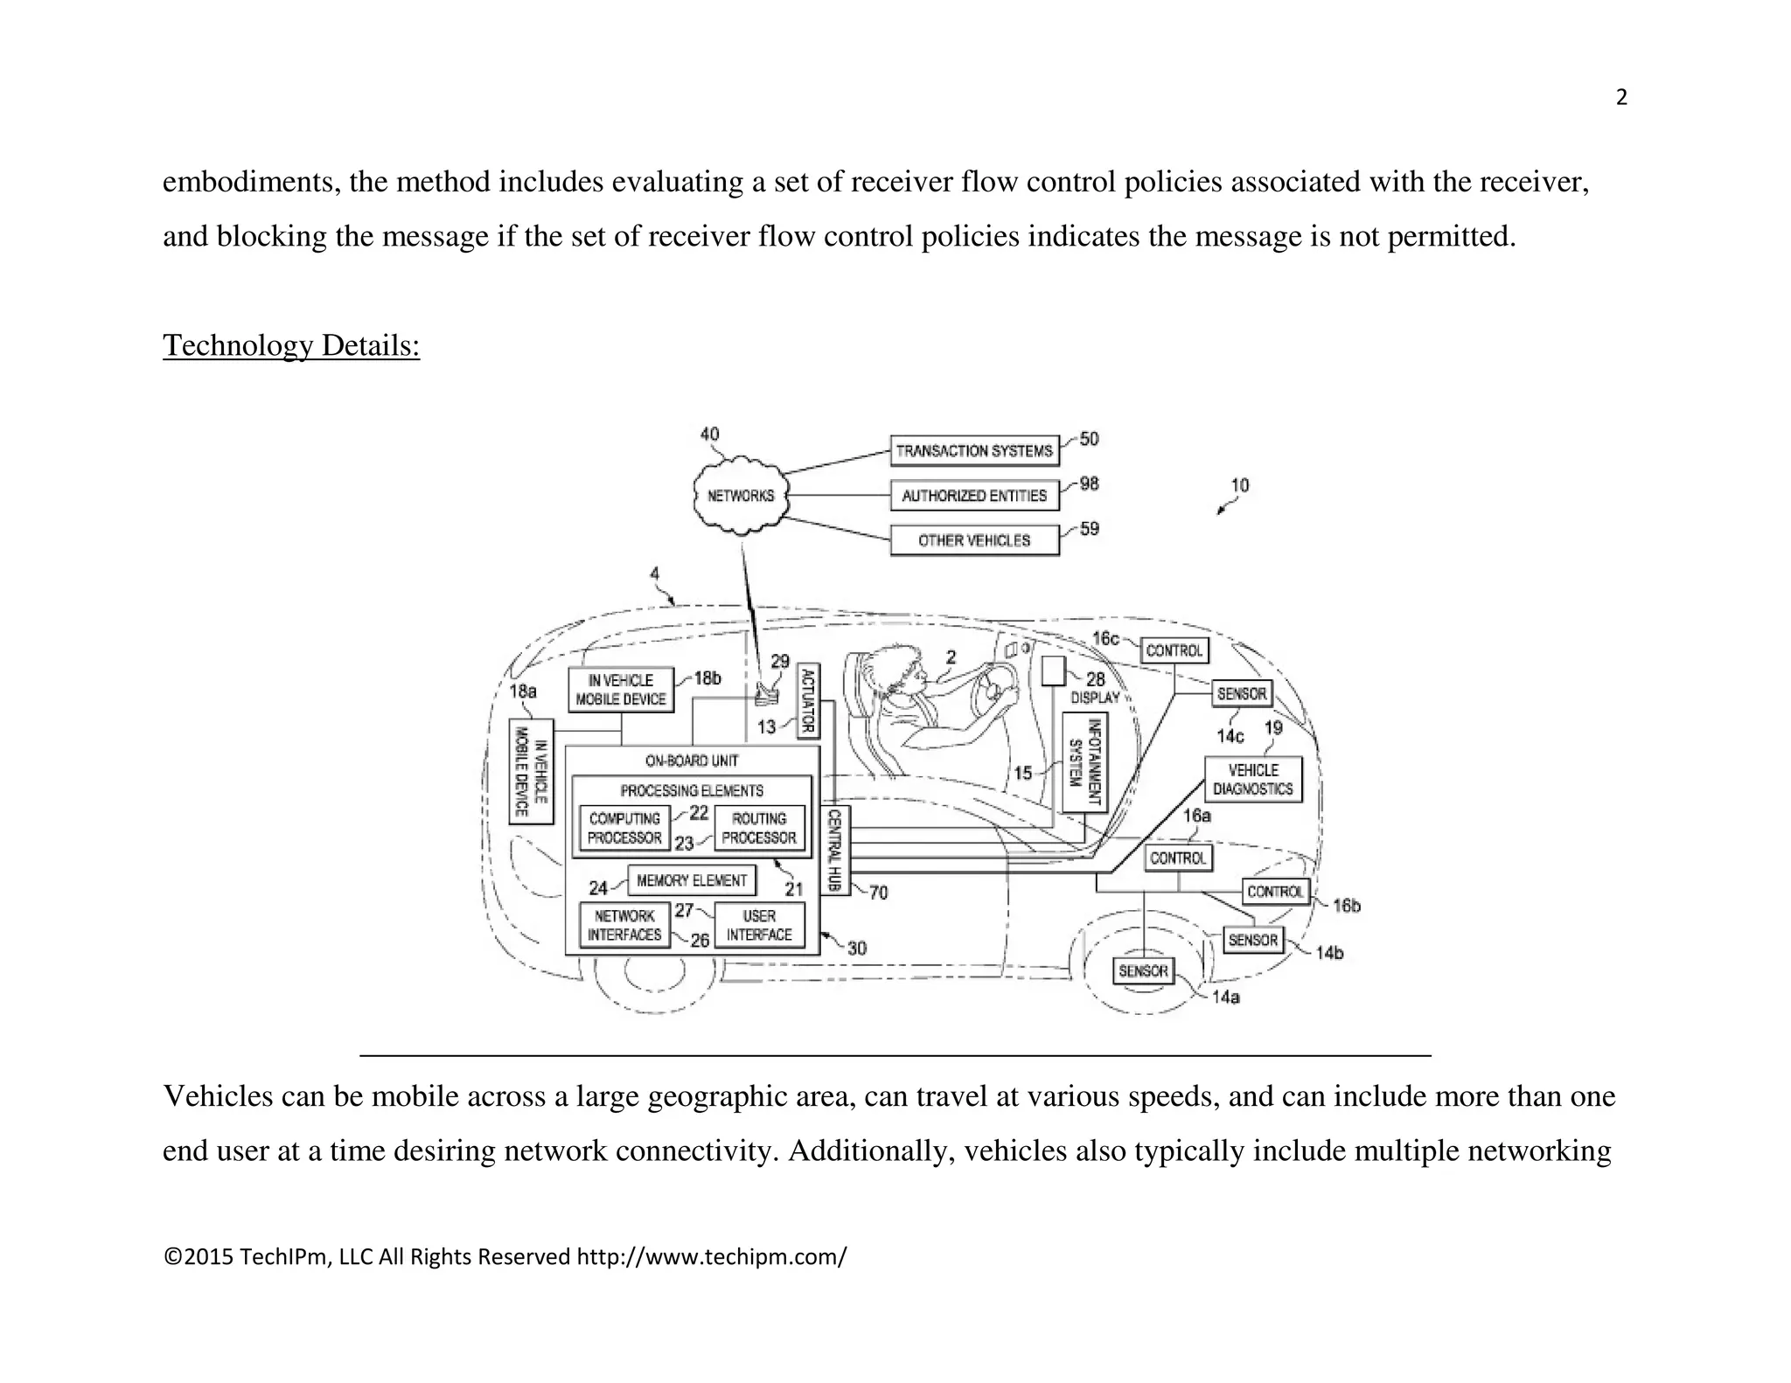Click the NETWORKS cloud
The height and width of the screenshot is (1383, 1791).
(741, 496)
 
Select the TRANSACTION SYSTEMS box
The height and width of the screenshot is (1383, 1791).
(974, 451)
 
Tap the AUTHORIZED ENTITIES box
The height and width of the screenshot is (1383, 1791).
(974, 496)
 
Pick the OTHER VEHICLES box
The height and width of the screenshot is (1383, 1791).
(974, 540)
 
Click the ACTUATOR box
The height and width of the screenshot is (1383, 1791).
(808, 700)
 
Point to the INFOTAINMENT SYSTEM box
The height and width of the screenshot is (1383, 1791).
(1085, 762)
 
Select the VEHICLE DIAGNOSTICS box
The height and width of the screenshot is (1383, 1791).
(1252, 780)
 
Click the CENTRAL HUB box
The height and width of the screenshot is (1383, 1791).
(834, 850)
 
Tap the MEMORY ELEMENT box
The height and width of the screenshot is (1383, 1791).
(692, 880)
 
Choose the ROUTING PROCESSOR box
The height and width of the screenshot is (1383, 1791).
(759, 828)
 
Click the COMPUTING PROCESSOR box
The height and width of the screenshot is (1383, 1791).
(624, 828)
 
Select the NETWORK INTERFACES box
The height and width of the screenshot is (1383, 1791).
(624, 925)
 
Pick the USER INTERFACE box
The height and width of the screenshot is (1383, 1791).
(759, 925)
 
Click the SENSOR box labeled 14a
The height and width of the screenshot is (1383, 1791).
(1143, 971)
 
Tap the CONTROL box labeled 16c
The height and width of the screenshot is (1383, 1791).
(1174, 650)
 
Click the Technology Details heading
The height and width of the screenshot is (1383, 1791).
(291, 345)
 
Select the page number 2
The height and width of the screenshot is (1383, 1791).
(1621, 98)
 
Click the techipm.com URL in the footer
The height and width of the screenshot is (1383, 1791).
(711, 1257)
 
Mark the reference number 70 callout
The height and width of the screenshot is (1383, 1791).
(878, 893)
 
